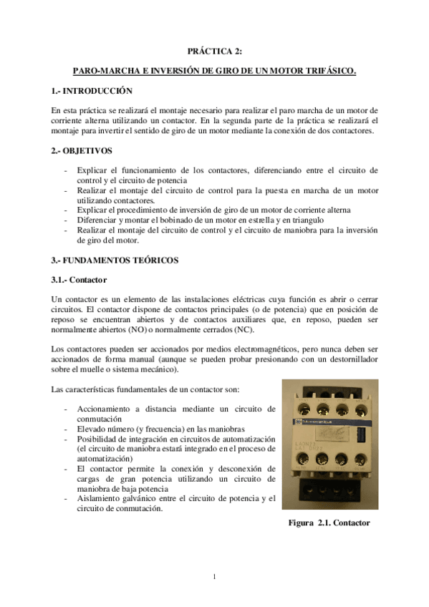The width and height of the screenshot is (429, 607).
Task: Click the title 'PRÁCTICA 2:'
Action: click(x=214, y=52)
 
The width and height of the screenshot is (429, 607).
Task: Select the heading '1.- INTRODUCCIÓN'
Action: click(x=93, y=92)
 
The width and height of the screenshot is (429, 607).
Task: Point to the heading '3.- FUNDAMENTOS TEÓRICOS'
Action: click(x=115, y=259)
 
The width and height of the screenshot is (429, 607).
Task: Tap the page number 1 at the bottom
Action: click(x=214, y=576)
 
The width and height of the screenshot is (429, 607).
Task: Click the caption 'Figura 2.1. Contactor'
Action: click(x=329, y=523)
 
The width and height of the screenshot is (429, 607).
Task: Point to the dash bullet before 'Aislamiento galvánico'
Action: click(x=67, y=499)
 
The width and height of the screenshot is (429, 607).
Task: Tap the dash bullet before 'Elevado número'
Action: click(x=67, y=428)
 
